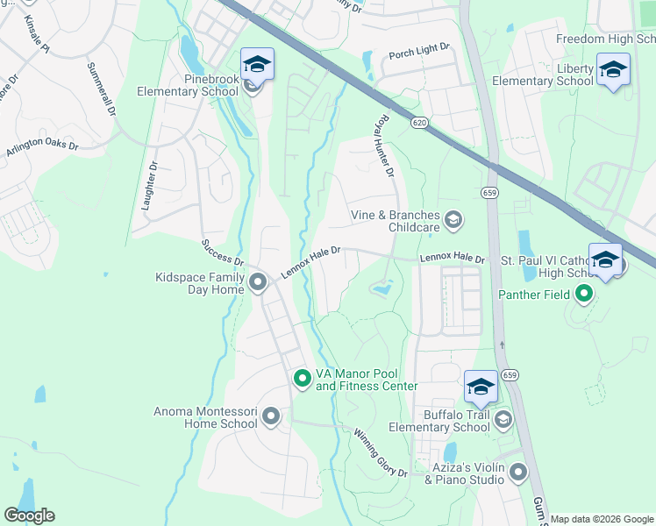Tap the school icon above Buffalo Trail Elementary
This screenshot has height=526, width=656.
tap(481, 387)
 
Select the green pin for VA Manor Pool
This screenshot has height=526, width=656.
tap(302, 379)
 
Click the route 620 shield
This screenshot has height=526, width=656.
tap(419, 124)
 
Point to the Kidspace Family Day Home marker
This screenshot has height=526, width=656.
tap(258, 282)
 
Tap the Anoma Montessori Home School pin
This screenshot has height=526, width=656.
tap(270, 416)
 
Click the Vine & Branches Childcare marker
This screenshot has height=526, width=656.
tap(453, 219)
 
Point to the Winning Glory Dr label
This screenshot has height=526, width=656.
tap(381, 451)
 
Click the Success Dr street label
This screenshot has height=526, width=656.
tap(222, 252)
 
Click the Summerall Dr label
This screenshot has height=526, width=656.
tap(100, 89)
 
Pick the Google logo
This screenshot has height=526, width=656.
tap(29, 515)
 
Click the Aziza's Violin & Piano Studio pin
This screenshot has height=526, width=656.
tap(517, 473)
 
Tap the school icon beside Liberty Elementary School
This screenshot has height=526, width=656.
tap(612, 69)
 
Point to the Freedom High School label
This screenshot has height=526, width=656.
tap(605, 39)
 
